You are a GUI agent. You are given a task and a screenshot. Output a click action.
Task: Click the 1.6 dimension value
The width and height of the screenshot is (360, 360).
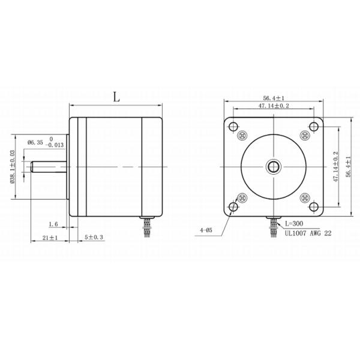click(52, 224)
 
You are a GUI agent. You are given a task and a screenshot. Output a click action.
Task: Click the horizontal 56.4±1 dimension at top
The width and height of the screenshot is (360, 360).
click(273, 97)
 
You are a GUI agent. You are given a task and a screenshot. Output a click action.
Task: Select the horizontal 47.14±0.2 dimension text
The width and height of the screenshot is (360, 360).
click(274, 106)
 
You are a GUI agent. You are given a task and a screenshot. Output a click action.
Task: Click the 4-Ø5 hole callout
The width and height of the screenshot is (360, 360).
click(209, 229)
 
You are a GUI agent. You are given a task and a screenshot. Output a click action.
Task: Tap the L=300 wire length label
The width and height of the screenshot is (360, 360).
click(294, 222)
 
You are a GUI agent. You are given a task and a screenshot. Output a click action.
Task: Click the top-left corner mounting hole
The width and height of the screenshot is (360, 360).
click(232, 125)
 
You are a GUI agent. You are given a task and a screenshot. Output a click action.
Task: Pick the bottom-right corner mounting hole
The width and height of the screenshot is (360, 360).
click(314, 206)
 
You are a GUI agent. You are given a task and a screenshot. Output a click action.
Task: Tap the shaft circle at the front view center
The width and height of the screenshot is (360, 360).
click(273, 166)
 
